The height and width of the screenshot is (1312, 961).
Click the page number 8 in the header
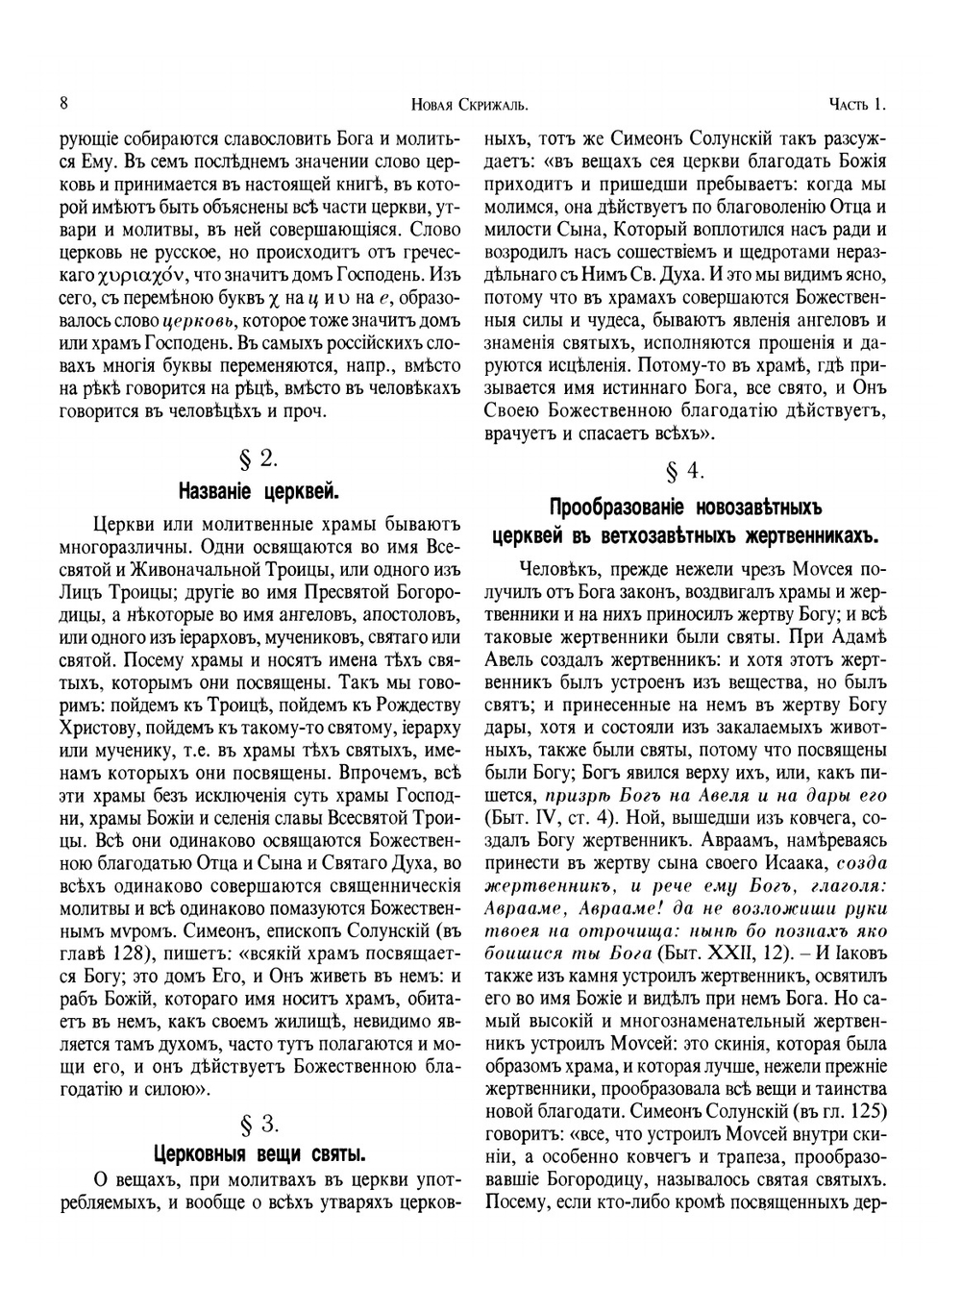click(x=62, y=103)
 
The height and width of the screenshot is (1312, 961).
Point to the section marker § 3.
click(x=257, y=1122)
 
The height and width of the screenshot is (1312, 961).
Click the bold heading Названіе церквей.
click(x=258, y=493)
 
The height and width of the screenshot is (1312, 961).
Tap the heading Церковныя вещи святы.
click(x=258, y=1152)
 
